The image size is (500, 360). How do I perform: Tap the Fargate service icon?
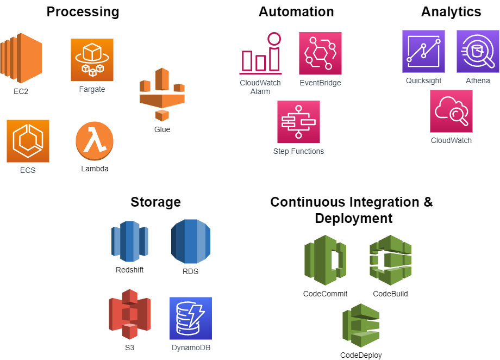pyautogui.click(x=92, y=60)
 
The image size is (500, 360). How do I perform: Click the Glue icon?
pyautogui.click(x=162, y=95)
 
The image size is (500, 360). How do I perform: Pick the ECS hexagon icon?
pyautogui.click(x=28, y=141)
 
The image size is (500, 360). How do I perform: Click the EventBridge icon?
pyautogui.click(x=320, y=53)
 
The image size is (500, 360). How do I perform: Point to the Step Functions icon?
pyautogui.click(x=298, y=122)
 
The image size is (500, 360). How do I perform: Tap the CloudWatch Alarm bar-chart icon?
pyautogui.click(x=260, y=54)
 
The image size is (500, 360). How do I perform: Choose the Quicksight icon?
pyautogui.click(x=423, y=52)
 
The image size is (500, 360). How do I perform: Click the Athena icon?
pyautogui.click(x=478, y=52)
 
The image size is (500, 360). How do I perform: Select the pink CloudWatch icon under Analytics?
pyautogui.click(x=451, y=111)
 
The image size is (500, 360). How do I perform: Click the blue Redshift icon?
pyautogui.click(x=129, y=241)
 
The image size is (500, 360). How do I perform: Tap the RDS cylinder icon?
pyautogui.click(x=190, y=241)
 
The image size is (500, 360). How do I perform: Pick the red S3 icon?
pyautogui.click(x=129, y=314)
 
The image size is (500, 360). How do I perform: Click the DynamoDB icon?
pyautogui.click(x=191, y=318)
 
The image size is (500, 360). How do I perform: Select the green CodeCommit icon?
pyautogui.click(x=325, y=260)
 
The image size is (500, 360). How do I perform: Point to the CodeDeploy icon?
pyautogui.click(x=361, y=325)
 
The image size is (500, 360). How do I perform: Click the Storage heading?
pyautogui.click(x=155, y=202)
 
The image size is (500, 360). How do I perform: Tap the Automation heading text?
pyautogui.click(x=296, y=12)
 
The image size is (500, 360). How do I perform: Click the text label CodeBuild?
pyautogui.click(x=390, y=294)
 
